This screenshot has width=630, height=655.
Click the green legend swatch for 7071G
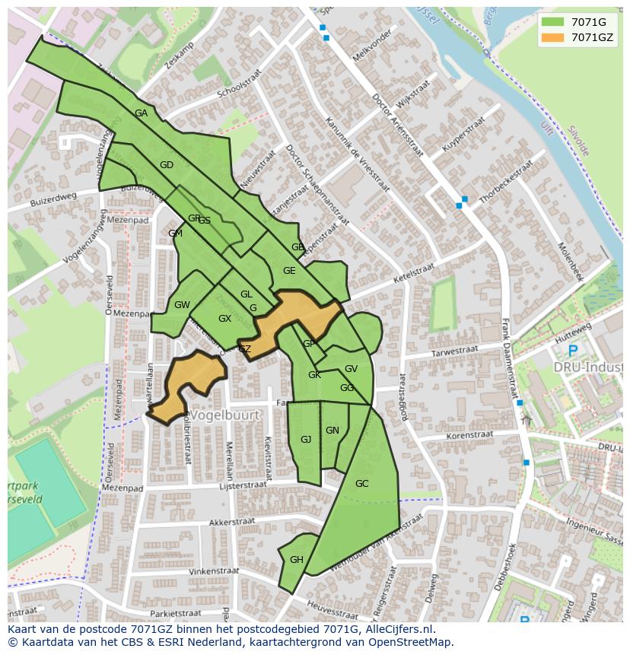pyautogui.click(x=552, y=22)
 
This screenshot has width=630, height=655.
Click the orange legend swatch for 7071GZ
pyautogui.click(x=552, y=37)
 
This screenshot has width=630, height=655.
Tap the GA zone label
pyautogui.click(x=141, y=113)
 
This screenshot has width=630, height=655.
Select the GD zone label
pyautogui.click(x=167, y=165)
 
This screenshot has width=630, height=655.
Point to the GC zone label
pyautogui.click(x=361, y=484)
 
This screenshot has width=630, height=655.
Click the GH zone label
pyautogui.click(x=296, y=560)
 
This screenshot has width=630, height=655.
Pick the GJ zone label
pyautogui.click(x=306, y=440)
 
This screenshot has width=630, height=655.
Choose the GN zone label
pyautogui.click(x=332, y=431)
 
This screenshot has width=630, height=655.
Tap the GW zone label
pyautogui.click(x=182, y=305)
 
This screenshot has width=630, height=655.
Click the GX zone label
pyautogui.click(x=224, y=319)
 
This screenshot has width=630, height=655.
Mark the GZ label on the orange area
pyautogui.click(x=244, y=349)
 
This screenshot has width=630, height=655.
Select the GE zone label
pyautogui.click(x=289, y=271)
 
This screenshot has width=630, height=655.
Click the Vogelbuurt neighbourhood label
pyautogui.click(x=224, y=415)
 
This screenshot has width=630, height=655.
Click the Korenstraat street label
pyautogui.click(x=469, y=436)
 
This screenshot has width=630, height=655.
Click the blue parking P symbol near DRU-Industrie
pyautogui.click(x=572, y=351)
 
